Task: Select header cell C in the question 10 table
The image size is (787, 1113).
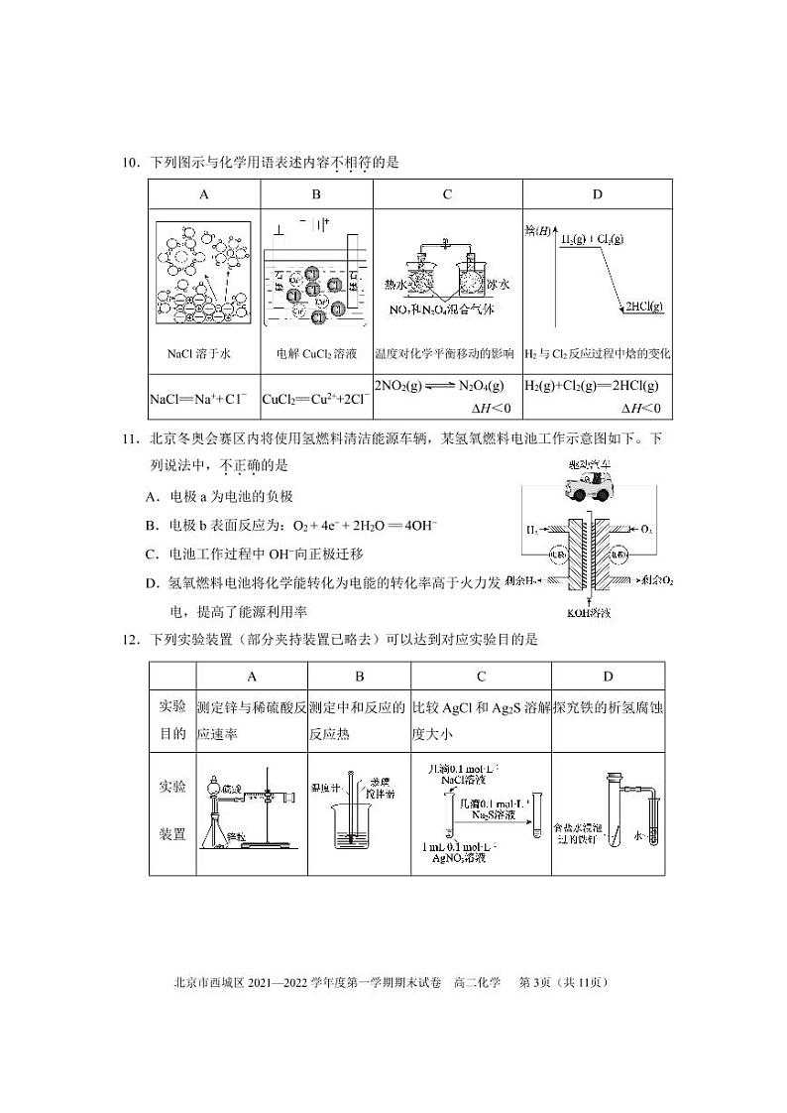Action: pyautogui.click(x=447, y=194)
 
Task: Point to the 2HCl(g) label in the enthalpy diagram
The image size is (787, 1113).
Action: pyautogui.click(x=643, y=308)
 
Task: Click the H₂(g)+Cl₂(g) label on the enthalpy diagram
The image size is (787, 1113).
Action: pyautogui.click(x=593, y=240)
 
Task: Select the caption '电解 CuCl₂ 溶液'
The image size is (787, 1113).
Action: pyautogui.click(x=315, y=353)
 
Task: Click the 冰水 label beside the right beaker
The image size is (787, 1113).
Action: pyautogui.click(x=496, y=285)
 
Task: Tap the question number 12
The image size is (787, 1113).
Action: pyautogui.click(x=132, y=640)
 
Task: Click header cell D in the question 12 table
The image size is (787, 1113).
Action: pyautogui.click(x=608, y=677)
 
